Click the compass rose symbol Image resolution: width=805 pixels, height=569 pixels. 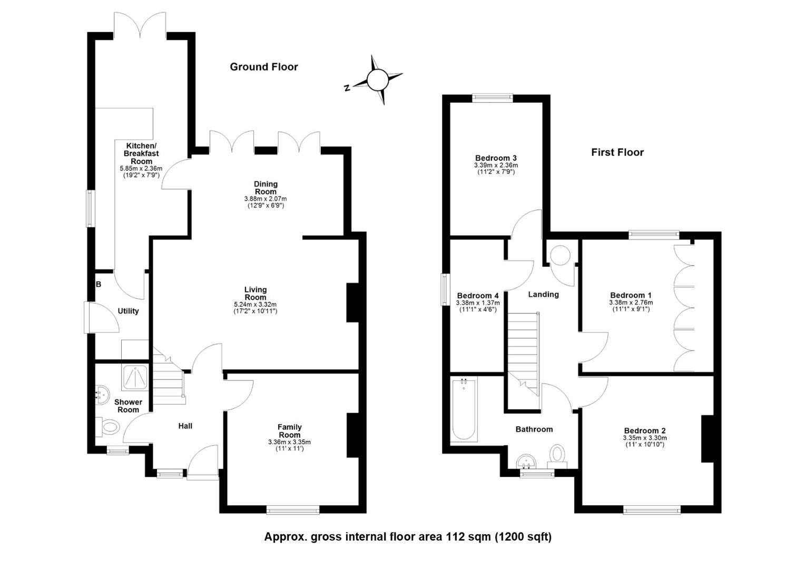coord(377,80)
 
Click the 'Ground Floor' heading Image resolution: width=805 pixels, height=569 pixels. coord(264,67)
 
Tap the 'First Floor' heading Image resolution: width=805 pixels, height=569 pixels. coord(617,152)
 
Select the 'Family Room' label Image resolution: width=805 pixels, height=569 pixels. coord(289,431)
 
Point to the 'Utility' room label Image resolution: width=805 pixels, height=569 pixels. coord(128,311)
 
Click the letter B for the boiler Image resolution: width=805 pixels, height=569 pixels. coord(99,284)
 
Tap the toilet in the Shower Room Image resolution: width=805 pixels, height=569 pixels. coord(110,427)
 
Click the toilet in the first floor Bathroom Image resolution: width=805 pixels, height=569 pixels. coord(557,455)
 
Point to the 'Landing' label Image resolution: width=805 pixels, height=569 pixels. coord(543,295)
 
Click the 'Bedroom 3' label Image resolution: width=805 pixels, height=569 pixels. coord(495,158)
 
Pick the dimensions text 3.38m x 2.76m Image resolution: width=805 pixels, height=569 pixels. coord(631,303)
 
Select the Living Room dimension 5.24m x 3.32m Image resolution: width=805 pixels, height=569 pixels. coord(255,305)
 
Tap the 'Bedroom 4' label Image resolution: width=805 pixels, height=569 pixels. coord(477,296)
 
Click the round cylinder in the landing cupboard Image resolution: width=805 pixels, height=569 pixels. coord(559,256)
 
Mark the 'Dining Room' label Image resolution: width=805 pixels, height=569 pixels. coord(266,188)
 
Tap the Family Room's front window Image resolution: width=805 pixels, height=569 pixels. coord(292,509)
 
